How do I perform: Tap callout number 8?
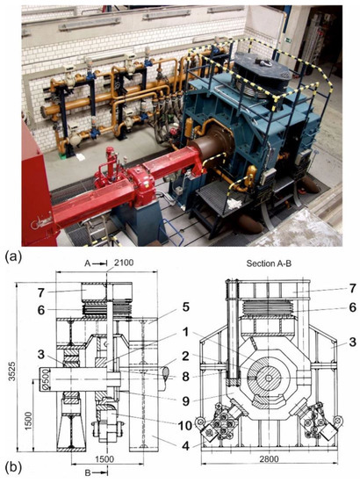click(x=164, y=378)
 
